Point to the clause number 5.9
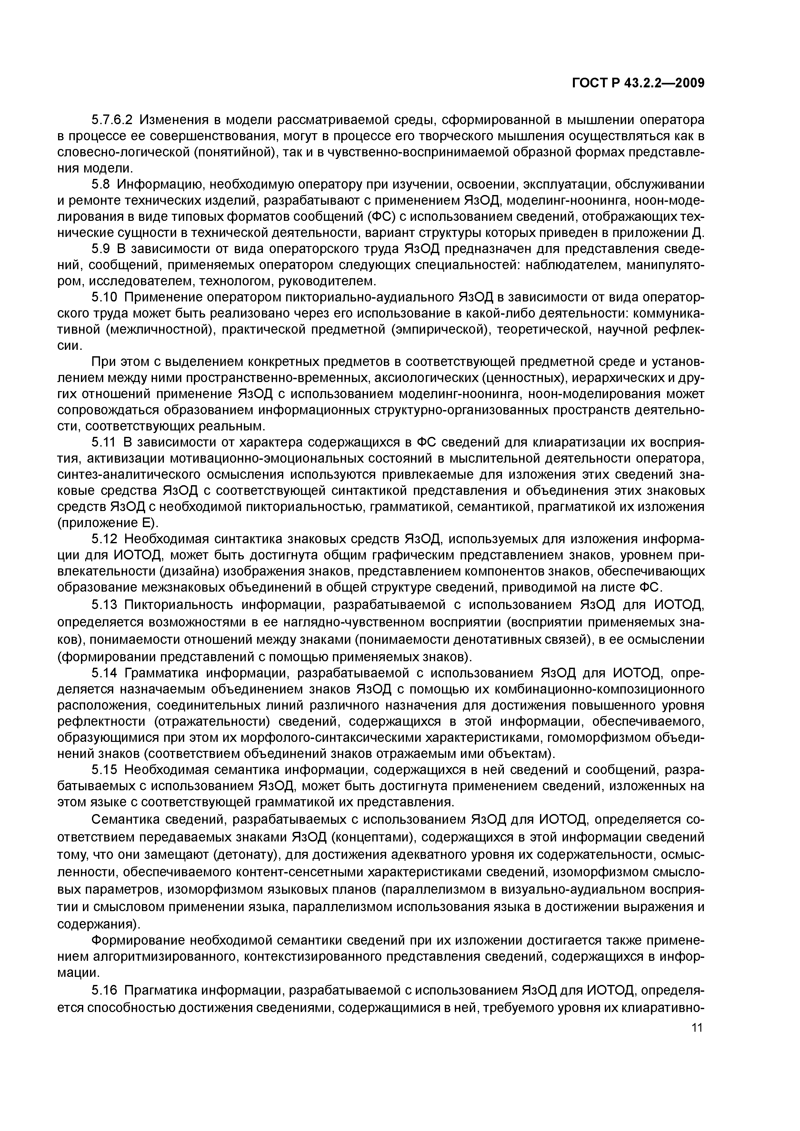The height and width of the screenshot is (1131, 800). click(102, 249)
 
